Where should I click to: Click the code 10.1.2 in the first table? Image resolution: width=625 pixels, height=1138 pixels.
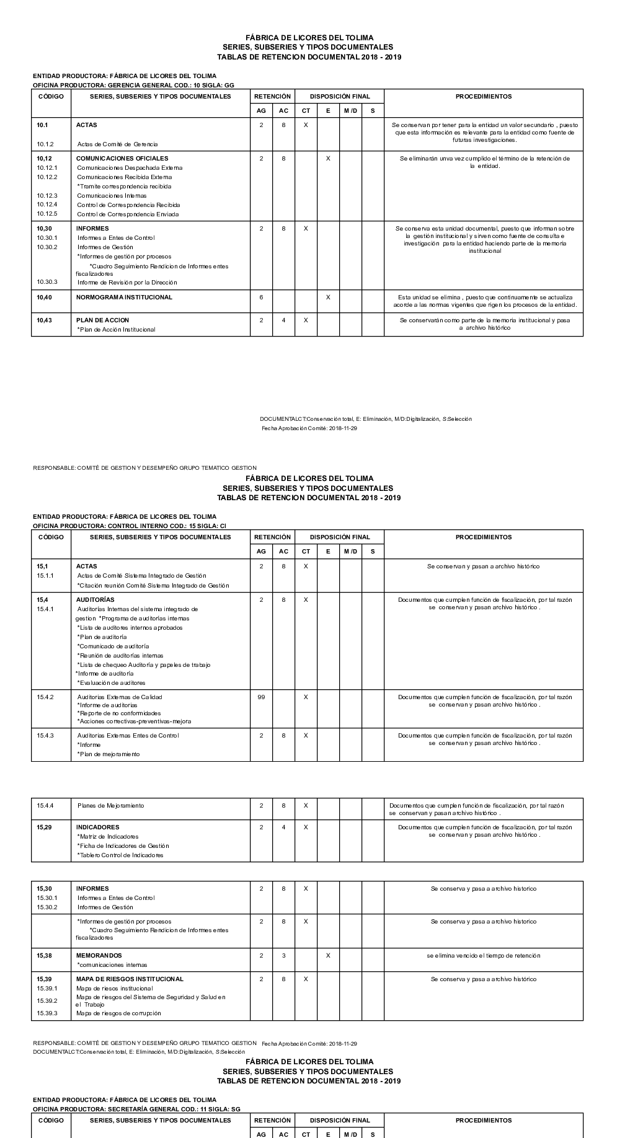point(45,144)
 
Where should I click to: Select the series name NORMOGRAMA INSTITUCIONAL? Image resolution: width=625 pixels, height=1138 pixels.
point(124,298)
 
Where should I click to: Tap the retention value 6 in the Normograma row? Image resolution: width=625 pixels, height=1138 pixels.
point(261,298)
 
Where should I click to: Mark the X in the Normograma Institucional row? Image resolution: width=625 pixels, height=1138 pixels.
point(328,298)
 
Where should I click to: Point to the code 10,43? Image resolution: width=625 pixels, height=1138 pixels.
point(44,320)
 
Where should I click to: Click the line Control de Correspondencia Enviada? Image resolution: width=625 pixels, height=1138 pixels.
point(128,214)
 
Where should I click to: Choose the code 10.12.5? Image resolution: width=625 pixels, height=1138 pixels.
point(47,214)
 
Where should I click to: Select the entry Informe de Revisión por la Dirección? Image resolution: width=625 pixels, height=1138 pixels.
point(127,283)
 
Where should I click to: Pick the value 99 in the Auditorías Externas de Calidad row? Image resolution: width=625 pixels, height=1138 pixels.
point(261,697)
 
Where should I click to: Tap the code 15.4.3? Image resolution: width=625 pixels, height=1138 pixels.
point(45,736)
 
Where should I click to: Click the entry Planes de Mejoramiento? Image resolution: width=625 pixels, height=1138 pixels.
point(110,806)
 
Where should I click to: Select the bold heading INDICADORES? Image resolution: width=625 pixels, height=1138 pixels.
point(97,827)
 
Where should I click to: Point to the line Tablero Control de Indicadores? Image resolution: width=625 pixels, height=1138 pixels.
point(120,855)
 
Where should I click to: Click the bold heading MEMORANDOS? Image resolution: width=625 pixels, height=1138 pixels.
point(99,956)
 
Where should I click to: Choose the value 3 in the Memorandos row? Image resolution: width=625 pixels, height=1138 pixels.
point(283,956)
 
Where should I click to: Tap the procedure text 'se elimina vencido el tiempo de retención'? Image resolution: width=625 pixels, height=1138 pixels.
point(483,956)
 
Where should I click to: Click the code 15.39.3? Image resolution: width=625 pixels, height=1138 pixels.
point(47,1013)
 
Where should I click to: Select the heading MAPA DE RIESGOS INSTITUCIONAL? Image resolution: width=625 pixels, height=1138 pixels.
point(130,979)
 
